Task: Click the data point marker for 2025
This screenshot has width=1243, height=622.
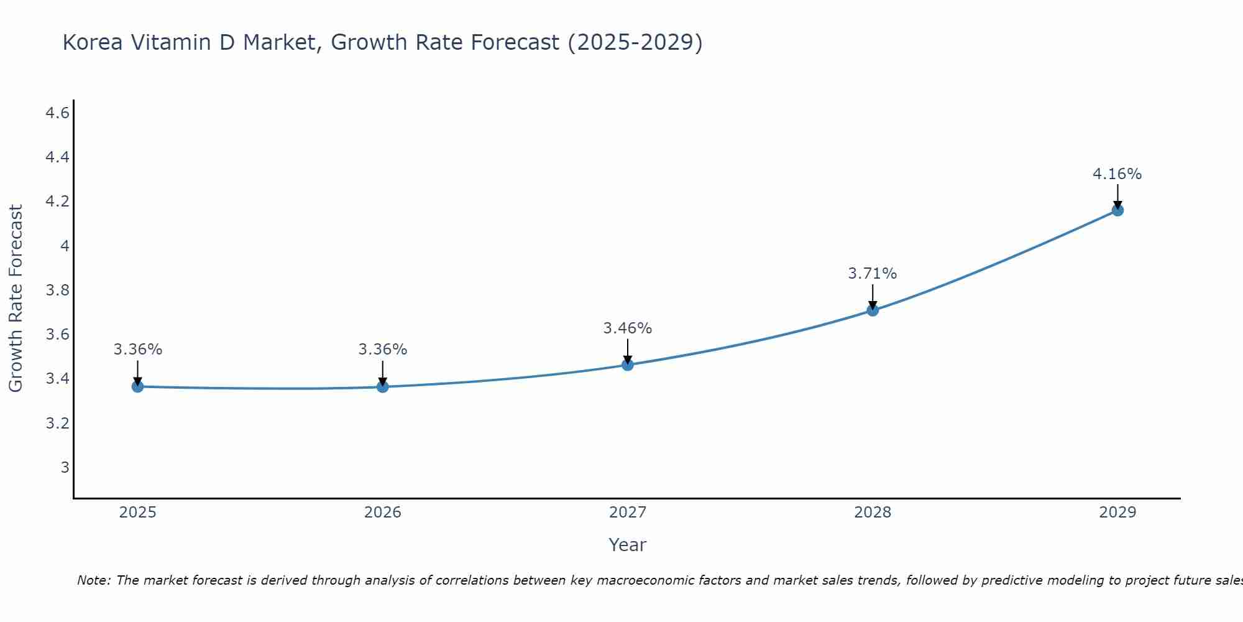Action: [137, 387]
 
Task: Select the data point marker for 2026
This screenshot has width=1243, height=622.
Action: [383, 387]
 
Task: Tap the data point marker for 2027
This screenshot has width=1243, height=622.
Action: [628, 364]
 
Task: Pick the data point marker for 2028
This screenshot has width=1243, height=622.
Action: [873, 310]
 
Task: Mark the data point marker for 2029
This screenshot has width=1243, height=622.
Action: [1117, 210]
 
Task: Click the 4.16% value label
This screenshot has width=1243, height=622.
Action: [1117, 174]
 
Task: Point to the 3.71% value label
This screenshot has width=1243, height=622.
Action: [872, 274]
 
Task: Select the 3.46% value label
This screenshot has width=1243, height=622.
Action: [627, 328]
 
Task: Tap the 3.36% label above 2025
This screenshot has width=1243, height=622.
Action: [137, 350]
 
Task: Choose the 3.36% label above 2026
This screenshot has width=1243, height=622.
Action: [382, 350]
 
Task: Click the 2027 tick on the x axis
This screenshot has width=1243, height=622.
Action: [628, 513]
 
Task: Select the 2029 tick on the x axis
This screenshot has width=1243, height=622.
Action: [1117, 513]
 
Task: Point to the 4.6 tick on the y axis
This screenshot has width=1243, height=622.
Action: [57, 113]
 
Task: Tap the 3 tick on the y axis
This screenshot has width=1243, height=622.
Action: [65, 467]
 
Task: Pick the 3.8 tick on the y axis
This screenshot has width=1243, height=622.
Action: [57, 290]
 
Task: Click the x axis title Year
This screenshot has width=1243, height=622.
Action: [628, 545]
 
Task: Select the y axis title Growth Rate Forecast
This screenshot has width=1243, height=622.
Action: [16, 299]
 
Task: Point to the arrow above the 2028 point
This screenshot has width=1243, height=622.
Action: [873, 297]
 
